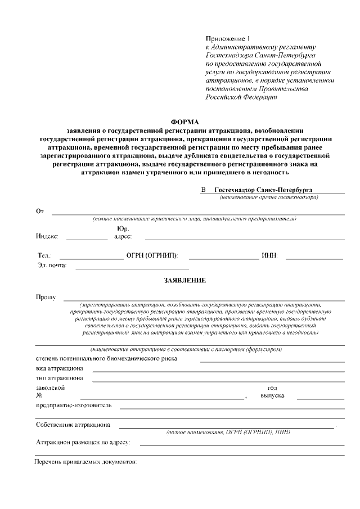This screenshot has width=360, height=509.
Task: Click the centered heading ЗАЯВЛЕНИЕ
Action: [x=185, y=280]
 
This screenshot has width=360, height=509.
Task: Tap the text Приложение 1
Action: [x=227, y=38]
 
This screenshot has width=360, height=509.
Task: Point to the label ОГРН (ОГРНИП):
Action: [x=152, y=256]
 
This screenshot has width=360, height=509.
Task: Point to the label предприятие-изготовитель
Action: [x=74, y=405]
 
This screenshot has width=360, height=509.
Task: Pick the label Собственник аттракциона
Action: [x=73, y=425]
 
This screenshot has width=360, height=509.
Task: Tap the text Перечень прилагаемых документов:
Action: [x=85, y=462]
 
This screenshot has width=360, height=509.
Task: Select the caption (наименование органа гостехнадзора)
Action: [x=269, y=197]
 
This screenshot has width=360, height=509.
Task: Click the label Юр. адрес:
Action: [x=123, y=233]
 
